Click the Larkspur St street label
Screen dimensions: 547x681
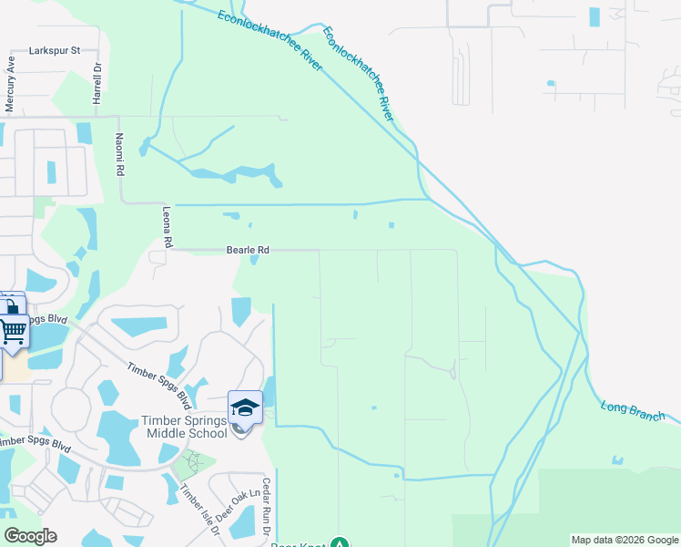click(56, 50)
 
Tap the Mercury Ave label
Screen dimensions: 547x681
click(11, 86)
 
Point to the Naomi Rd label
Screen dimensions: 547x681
click(118, 154)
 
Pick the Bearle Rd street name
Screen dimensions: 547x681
click(248, 249)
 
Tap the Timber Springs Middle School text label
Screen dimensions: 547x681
click(184, 427)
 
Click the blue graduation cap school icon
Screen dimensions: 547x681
click(245, 408)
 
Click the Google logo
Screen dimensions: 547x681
click(30, 536)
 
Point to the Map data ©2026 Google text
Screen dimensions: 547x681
click(625, 540)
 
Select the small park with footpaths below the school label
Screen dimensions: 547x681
click(192, 459)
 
